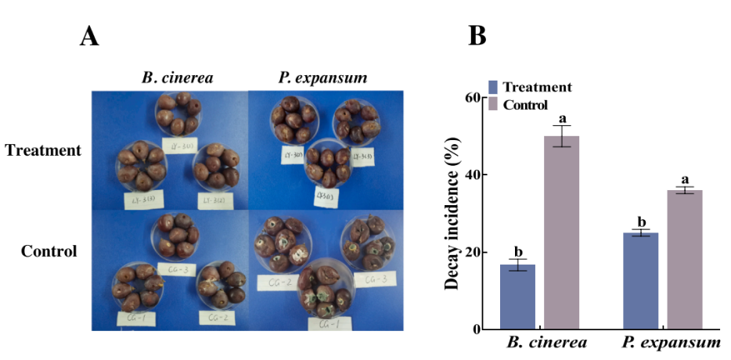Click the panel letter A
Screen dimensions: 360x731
pyautogui.click(x=90, y=36)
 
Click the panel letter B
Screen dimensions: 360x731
pyautogui.click(x=477, y=36)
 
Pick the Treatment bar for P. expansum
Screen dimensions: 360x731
pyautogui.click(x=641, y=281)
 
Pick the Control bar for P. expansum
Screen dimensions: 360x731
pyautogui.click(x=685, y=260)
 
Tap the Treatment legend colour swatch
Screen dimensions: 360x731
pyautogui.click(x=494, y=88)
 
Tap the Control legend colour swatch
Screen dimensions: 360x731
pyautogui.click(x=494, y=105)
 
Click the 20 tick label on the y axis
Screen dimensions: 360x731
pyautogui.click(x=473, y=252)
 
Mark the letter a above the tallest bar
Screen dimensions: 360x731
pyautogui.click(x=562, y=119)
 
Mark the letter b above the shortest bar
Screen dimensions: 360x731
pyautogui.click(x=518, y=251)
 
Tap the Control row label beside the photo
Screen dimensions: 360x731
pyautogui.click(x=49, y=252)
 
